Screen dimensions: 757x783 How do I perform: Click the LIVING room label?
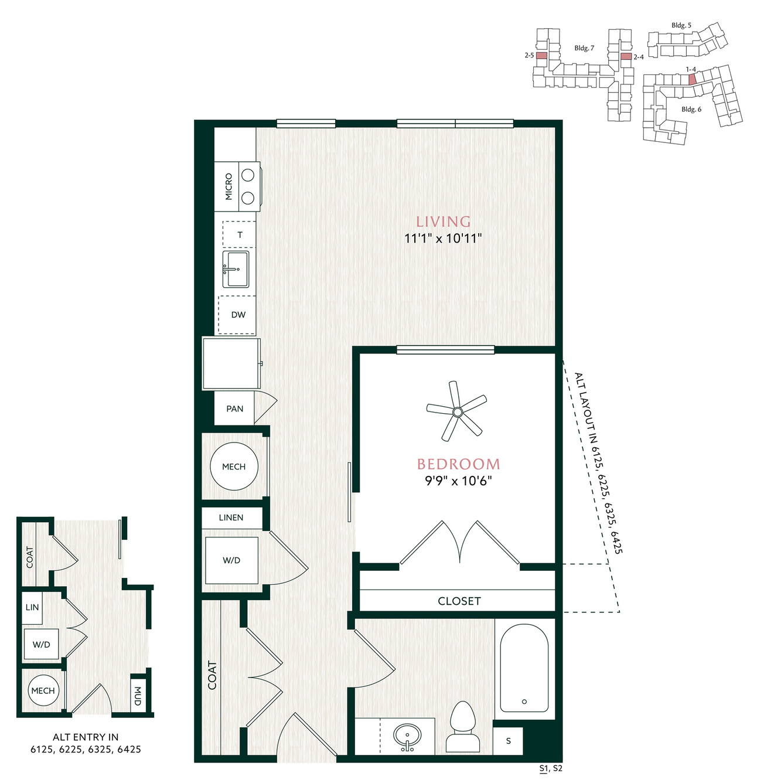(442, 222)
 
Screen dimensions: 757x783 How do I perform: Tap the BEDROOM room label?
(458, 464)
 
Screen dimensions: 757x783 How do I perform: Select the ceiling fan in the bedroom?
(456, 411)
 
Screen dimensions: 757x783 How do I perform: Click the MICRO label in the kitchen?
(229, 186)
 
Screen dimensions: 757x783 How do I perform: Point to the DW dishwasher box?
(237, 315)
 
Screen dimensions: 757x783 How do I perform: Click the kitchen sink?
(236, 269)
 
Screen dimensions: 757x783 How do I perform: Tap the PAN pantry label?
(234, 409)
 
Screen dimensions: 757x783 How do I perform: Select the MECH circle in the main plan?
(234, 467)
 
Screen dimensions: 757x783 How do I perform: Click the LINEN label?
(231, 518)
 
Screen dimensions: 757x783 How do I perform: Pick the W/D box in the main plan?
(231, 560)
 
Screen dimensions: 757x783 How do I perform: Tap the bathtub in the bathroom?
(524, 668)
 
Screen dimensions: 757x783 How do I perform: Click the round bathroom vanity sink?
(407, 735)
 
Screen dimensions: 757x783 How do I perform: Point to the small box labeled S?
(507, 741)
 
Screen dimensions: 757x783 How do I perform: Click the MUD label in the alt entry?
(138, 696)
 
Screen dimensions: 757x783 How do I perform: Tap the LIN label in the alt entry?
(32, 607)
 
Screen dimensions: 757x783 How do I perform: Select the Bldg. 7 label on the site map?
(584, 48)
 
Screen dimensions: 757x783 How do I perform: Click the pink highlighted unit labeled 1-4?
(692, 79)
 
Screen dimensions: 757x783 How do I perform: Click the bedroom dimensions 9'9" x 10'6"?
(459, 481)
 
